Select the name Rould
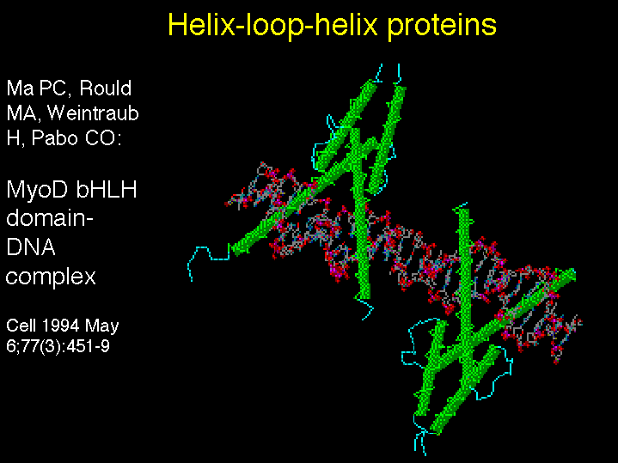(x=105, y=88)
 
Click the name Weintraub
(x=94, y=113)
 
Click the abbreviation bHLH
(x=106, y=189)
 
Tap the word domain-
(x=50, y=218)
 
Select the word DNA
(x=31, y=247)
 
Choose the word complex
(x=51, y=277)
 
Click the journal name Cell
(x=21, y=326)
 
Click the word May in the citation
(x=102, y=326)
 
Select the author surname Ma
(x=21, y=88)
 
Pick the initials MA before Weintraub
(x=24, y=114)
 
